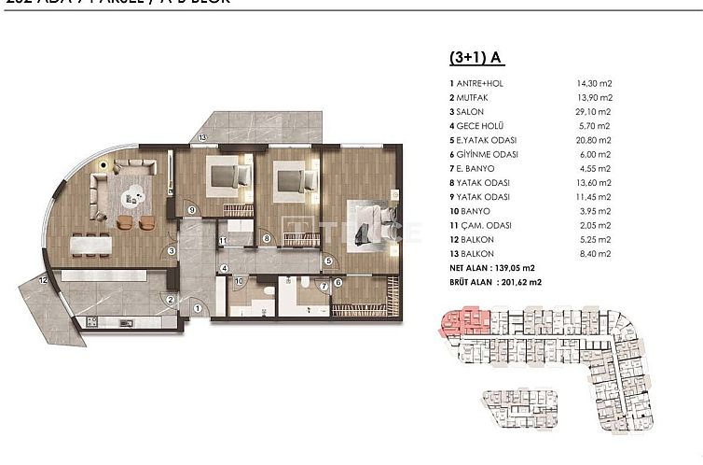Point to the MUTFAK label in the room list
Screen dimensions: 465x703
tap(472, 97)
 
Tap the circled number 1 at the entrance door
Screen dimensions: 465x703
tap(198, 309)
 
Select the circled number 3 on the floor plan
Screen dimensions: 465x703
tap(172, 250)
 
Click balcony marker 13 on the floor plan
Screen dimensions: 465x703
tap(202, 138)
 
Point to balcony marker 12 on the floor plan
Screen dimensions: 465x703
tap(43, 279)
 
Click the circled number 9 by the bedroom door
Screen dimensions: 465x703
tap(190, 211)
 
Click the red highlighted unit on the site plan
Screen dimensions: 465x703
tap(461, 324)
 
